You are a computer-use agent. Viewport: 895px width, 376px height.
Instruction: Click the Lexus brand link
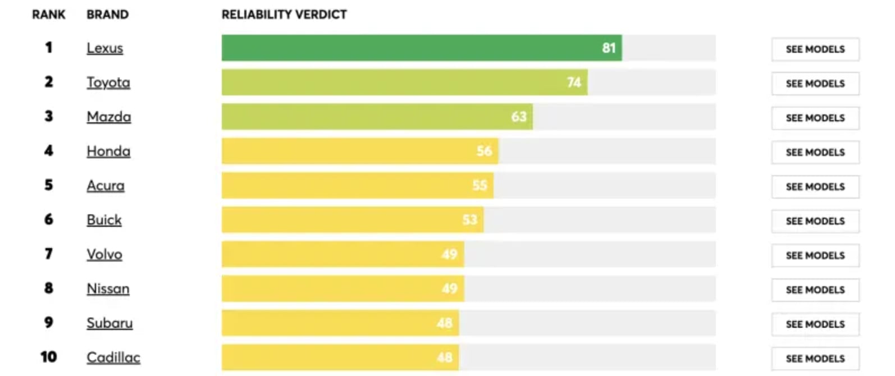pos(104,48)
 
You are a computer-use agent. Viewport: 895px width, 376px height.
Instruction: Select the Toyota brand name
pos(108,82)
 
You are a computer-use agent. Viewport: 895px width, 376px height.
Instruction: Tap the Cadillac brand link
pos(113,357)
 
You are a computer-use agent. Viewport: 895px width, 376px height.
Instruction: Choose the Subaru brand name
pos(109,323)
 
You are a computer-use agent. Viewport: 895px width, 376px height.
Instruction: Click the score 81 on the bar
pos(609,48)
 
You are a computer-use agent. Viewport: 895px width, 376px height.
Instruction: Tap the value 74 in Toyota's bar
pos(574,82)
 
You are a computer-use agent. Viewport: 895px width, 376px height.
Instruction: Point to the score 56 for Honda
pos(484,151)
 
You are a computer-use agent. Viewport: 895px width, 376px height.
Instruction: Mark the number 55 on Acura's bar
pos(480,186)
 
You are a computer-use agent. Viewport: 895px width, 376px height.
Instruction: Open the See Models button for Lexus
pos(815,49)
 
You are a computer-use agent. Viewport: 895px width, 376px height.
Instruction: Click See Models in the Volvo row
pos(815,256)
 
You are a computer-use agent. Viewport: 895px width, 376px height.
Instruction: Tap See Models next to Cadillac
pos(815,359)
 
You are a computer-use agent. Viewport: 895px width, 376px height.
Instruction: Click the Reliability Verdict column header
pos(284,15)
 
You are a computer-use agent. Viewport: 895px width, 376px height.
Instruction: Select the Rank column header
pos(49,15)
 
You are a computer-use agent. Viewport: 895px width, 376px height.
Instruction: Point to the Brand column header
pos(107,15)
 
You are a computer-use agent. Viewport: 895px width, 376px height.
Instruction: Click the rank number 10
pos(49,357)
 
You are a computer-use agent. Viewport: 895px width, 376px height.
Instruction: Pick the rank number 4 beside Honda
pos(49,151)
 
